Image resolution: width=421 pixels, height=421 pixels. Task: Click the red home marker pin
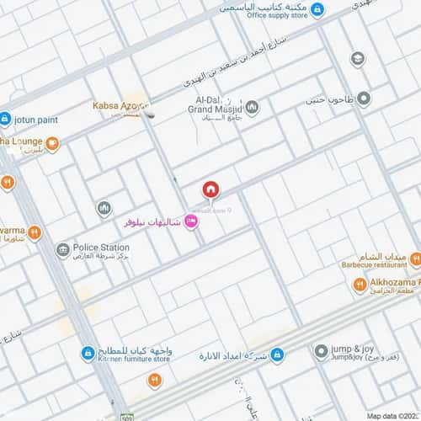tap(210, 189)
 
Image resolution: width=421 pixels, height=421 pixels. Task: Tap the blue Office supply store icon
tap(317, 10)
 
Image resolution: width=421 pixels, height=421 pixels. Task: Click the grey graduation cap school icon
tap(358, 59)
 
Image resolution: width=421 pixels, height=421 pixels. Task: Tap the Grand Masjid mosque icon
tap(252, 108)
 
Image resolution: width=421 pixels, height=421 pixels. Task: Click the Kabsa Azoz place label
tap(119, 106)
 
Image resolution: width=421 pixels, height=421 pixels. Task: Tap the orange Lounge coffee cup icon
tap(52, 144)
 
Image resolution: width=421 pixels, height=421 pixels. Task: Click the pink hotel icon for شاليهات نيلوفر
tap(191, 221)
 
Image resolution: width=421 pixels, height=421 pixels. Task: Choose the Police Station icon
tap(62, 250)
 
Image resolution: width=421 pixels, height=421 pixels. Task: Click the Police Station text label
tap(101, 247)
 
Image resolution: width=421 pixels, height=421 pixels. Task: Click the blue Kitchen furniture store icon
tap(87, 353)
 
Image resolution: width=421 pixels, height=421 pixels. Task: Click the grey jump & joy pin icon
tap(321, 351)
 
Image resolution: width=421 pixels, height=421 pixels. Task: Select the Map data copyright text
tap(392, 415)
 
